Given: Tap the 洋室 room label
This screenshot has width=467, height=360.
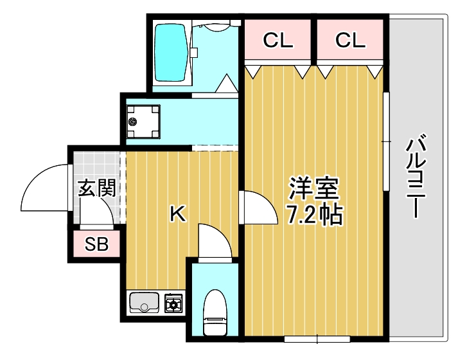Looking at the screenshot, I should (313, 188).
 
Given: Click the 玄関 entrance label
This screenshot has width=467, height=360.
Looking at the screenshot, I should (97, 188).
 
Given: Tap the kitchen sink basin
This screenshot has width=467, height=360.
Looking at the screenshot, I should (145, 302).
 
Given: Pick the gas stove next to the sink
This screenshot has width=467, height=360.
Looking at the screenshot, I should (173, 303).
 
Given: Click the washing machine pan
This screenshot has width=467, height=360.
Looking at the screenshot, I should (143, 121).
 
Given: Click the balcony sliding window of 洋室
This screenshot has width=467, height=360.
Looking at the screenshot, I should (386, 141).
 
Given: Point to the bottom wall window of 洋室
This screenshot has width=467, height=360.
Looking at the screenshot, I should (312, 337).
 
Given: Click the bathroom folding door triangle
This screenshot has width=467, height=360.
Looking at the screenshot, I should (226, 84).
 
